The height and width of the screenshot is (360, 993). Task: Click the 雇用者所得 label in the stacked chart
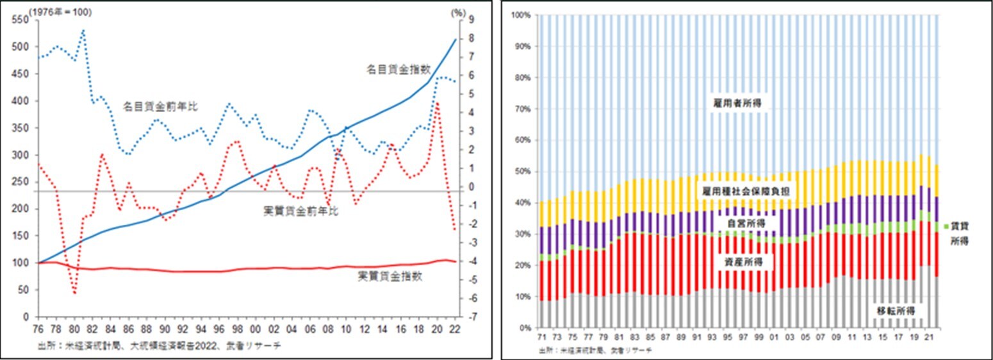(x=738, y=102)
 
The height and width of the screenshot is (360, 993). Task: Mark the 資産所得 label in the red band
(x=738, y=261)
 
